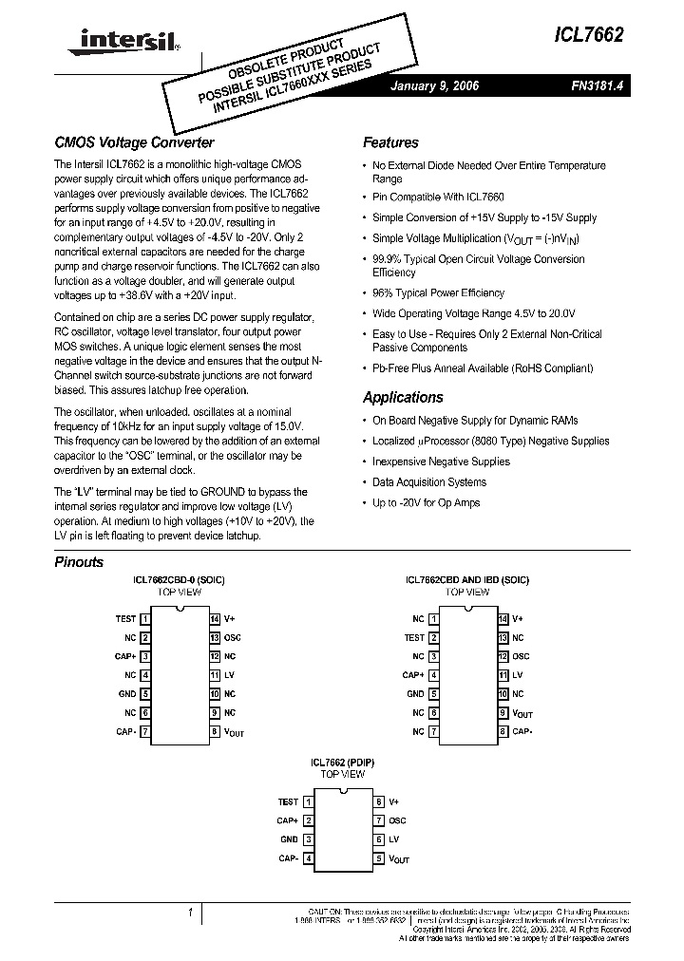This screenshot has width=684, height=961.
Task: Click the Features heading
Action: (x=390, y=142)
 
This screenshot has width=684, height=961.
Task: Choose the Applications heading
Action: (x=403, y=397)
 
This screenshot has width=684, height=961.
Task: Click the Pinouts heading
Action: (x=79, y=562)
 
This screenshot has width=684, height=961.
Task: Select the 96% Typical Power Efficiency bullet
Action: (x=438, y=292)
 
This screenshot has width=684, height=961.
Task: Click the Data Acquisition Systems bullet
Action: (x=428, y=482)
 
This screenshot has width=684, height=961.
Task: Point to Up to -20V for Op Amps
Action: (x=426, y=502)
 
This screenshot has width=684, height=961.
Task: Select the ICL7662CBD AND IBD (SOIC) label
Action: (x=466, y=579)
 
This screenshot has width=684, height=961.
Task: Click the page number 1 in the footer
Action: (x=191, y=913)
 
